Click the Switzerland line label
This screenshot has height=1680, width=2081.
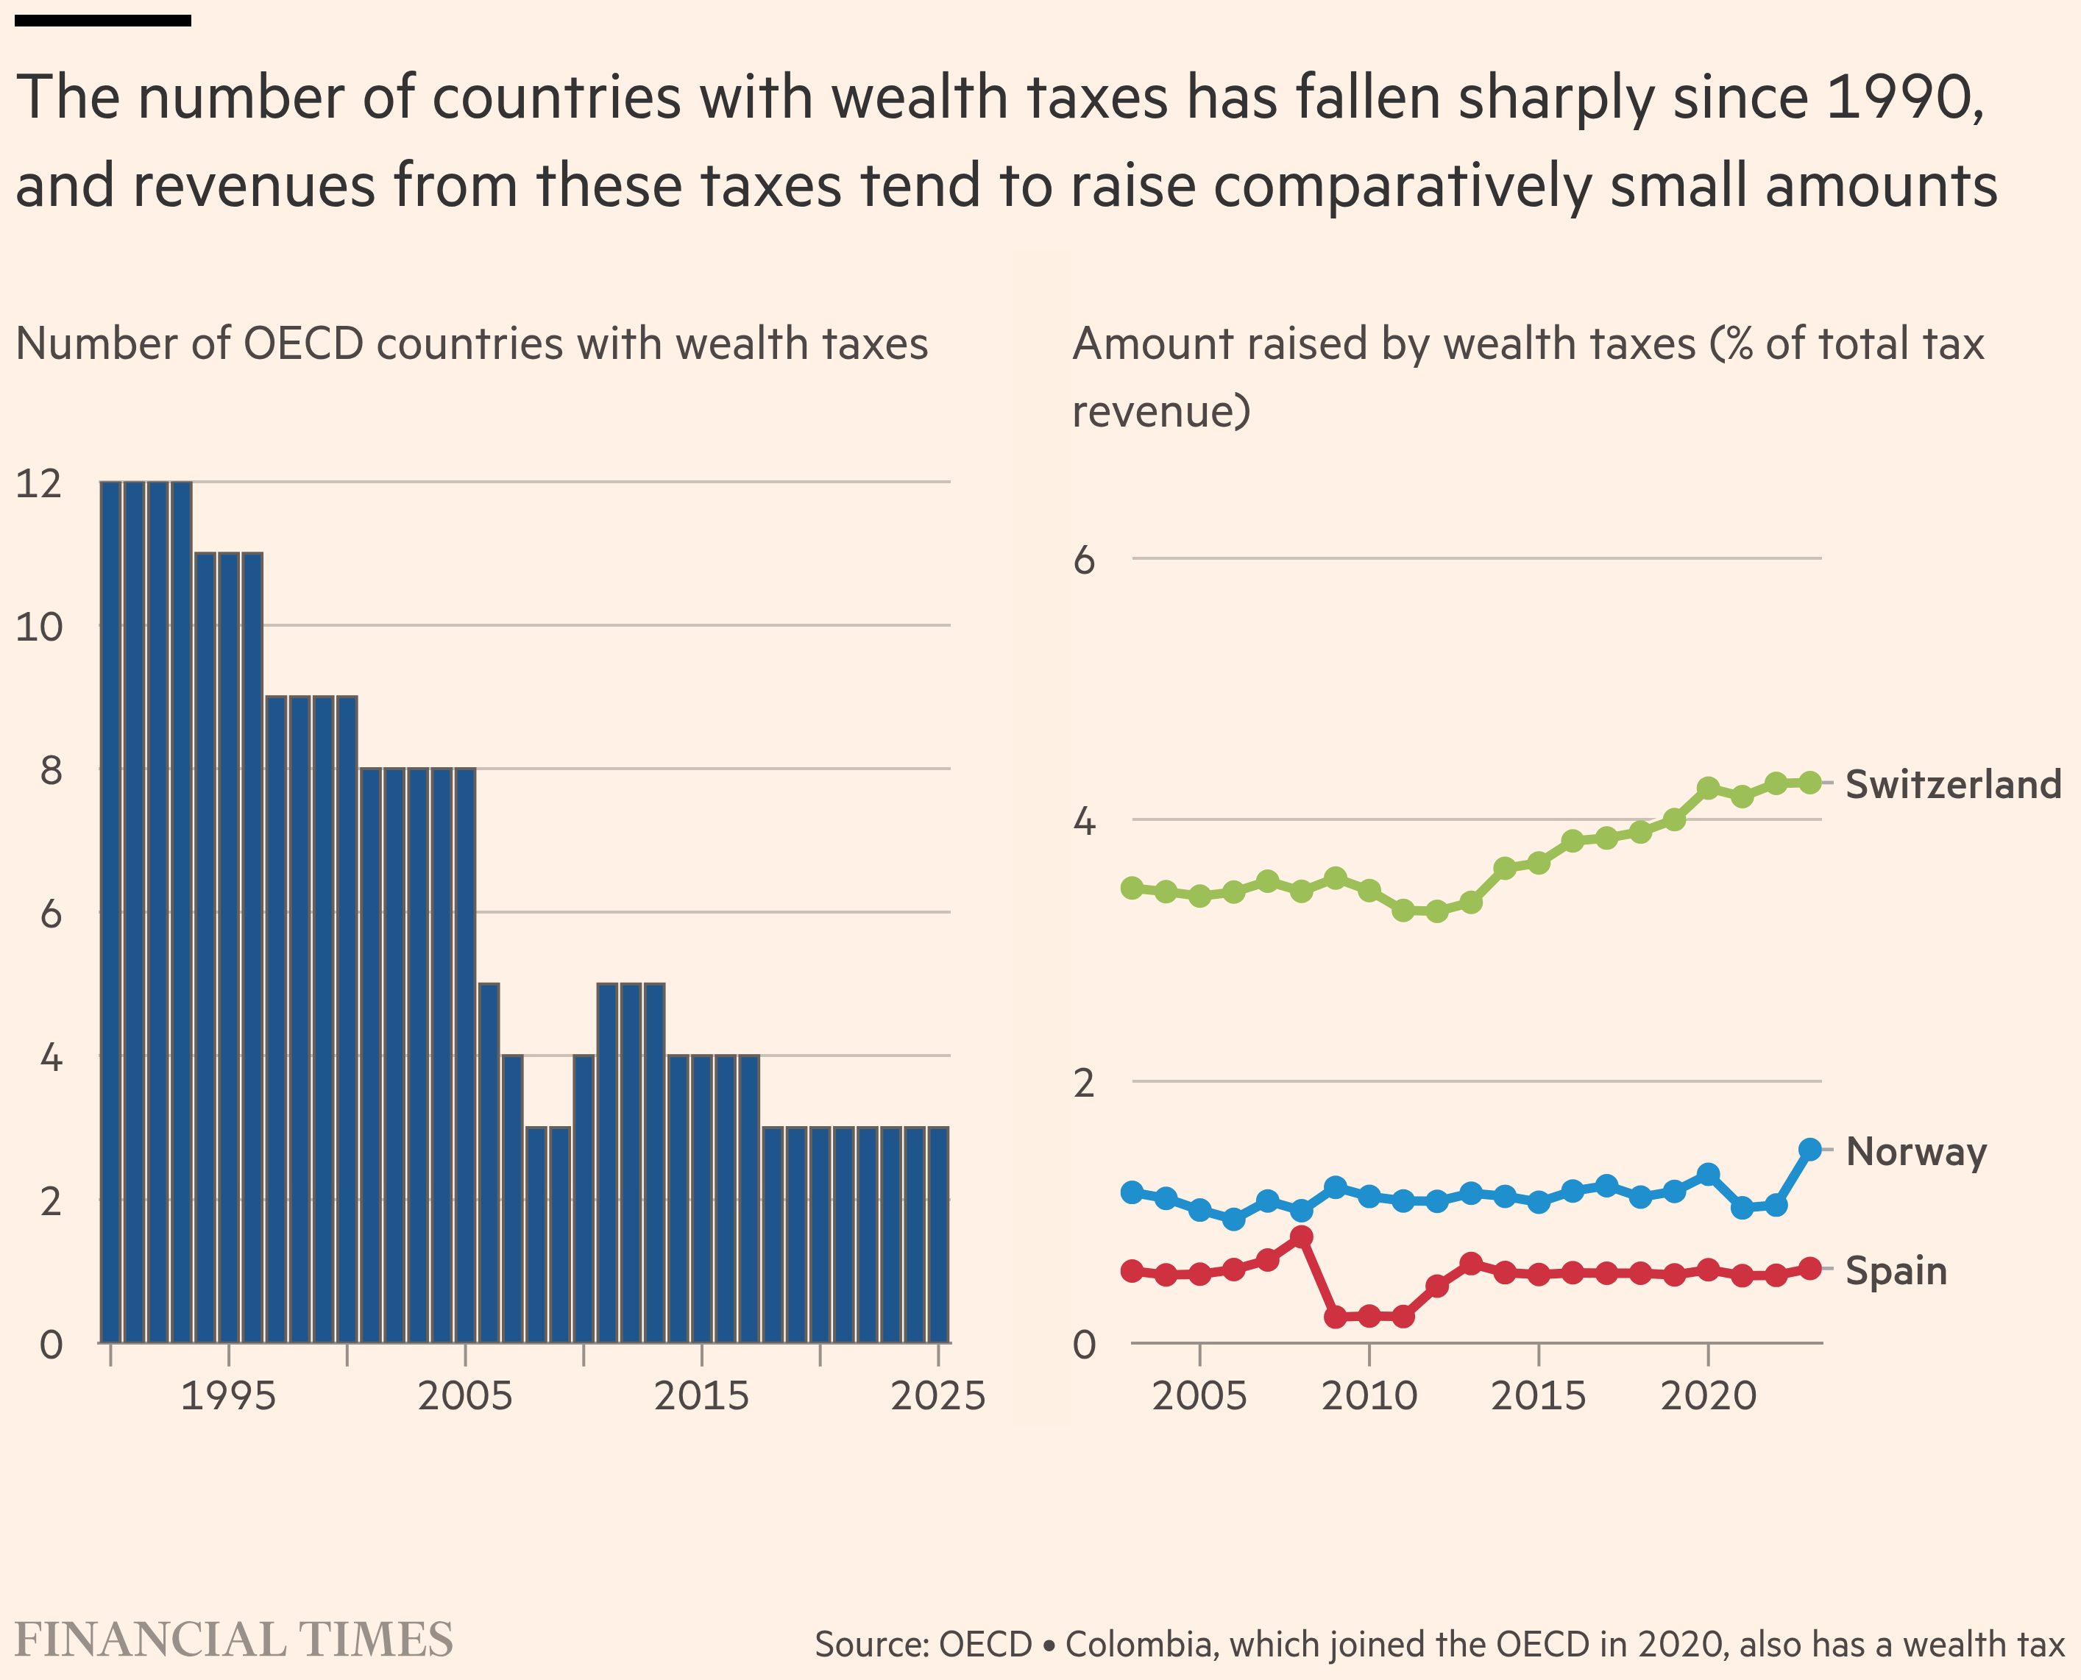pyautogui.click(x=1952, y=784)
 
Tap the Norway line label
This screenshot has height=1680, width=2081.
pyautogui.click(x=1915, y=1152)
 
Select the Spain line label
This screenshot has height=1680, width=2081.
pyautogui.click(x=1895, y=1270)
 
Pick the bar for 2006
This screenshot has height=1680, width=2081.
pyautogui.click(x=489, y=1162)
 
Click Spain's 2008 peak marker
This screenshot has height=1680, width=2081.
pyautogui.click(x=1302, y=1236)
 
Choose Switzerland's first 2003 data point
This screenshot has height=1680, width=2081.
pyautogui.click(x=1132, y=887)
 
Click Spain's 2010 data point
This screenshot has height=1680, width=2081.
pyautogui.click(x=1369, y=1316)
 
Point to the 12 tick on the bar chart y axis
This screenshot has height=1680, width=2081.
pyautogui.click(x=39, y=483)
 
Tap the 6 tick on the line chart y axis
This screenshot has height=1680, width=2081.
pyautogui.click(x=1084, y=559)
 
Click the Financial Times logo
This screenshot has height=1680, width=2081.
pyautogui.click(x=234, y=1640)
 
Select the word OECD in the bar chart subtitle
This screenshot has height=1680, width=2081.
pyautogui.click(x=303, y=344)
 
